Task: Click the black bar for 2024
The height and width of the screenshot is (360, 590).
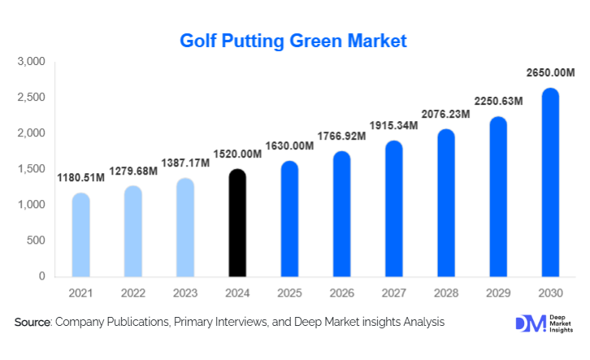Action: click(237, 223)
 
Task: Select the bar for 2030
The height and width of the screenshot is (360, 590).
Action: click(550, 182)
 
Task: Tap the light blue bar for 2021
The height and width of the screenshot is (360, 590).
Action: click(80, 235)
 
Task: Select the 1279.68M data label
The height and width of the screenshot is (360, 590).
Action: click(132, 170)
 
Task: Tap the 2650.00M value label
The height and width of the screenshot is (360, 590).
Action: click(549, 73)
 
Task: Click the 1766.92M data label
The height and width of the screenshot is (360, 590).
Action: click(341, 136)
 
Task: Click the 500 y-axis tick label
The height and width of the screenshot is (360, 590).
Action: click(37, 241)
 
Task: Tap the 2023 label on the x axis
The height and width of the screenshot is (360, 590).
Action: click(184, 292)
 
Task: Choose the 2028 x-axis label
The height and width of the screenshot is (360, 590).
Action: click(445, 292)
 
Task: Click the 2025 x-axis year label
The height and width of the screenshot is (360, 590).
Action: click(289, 292)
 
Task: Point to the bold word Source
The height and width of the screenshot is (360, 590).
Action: click(33, 323)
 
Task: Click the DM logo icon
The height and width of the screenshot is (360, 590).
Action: click(530, 323)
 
